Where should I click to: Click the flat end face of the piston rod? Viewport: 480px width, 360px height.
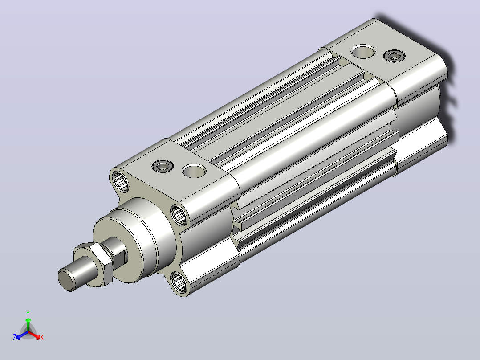point(66,279)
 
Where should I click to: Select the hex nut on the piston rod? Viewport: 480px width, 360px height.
point(93,264)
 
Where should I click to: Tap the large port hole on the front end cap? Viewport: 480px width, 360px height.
point(194,171)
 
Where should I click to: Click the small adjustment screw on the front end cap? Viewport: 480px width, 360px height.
point(163,166)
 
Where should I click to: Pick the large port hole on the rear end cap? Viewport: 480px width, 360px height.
point(363,52)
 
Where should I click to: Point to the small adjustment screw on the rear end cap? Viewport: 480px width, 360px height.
point(395,56)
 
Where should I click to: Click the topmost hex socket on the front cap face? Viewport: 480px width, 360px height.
point(120,181)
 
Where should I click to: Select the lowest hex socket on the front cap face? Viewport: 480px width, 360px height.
point(179,282)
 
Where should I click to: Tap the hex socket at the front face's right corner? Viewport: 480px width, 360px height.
point(179,214)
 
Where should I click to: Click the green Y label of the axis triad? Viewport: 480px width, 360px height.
point(28,313)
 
